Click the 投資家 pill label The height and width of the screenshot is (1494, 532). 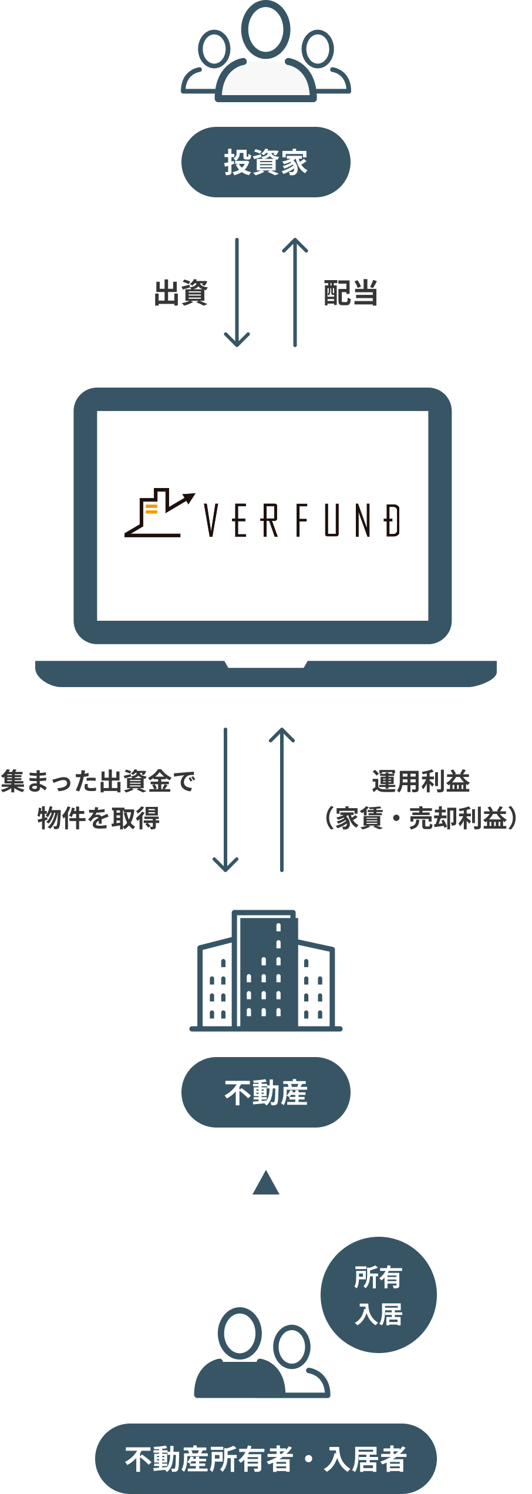coord(265,162)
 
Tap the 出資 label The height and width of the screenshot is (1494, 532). coord(181,292)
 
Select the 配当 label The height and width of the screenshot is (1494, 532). coord(351,292)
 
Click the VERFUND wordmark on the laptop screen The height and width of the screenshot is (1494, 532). coord(302,520)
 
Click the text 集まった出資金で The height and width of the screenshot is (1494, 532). coord(97,781)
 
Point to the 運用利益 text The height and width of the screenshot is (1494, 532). coord(420,781)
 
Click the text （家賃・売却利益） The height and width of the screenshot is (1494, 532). coord(420,818)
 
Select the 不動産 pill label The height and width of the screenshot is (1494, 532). coord(265,1092)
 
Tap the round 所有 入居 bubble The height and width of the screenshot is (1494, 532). coord(379,1295)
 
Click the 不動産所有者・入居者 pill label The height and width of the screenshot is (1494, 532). coord(265,1459)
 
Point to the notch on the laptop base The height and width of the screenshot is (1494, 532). coord(266,665)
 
